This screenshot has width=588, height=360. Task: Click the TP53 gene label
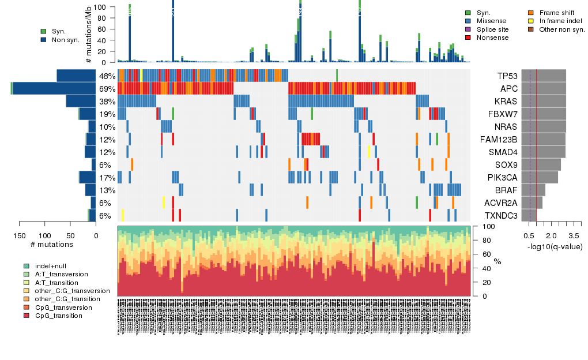(x=507, y=76)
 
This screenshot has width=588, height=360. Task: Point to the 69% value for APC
(x=107, y=89)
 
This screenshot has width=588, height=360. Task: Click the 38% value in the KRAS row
(x=107, y=102)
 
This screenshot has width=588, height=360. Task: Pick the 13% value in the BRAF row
(x=107, y=190)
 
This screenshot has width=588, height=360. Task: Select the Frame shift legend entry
(x=556, y=13)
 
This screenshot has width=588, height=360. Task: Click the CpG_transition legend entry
(x=58, y=316)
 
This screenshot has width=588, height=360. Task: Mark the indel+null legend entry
(x=51, y=266)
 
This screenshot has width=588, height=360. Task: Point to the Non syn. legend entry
(x=65, y=40)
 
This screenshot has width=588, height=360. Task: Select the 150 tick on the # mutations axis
(x=19, y=235)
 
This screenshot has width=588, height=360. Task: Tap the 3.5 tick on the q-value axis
(x=574, y=236)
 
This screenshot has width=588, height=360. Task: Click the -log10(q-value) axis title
(x=555, y=246)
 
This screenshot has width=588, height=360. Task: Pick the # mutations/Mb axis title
(x=88, y=35)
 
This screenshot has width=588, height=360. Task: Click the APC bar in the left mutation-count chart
(x=54, y=88)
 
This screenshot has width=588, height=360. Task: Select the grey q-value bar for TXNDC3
(x=525, y=216)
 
